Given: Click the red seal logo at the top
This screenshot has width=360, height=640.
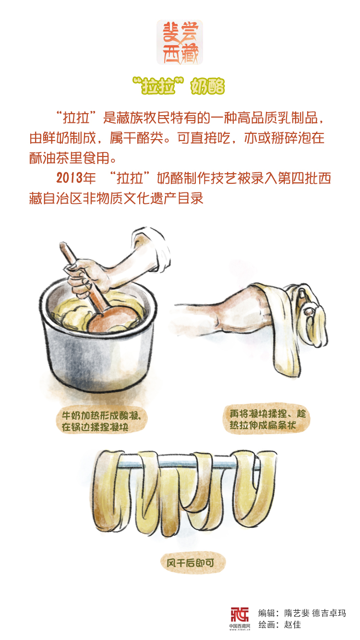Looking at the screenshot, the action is click(180, 42).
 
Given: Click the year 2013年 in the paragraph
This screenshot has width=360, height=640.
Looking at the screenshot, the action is click(76, 178).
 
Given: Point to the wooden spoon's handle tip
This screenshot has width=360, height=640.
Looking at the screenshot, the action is click(62, 245).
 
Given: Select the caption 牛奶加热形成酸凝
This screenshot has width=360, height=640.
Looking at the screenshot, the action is click(101, 415).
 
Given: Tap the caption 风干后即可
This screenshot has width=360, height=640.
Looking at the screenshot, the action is click(191, 563).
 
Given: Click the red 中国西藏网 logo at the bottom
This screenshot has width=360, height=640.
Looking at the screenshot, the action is click(240, 618).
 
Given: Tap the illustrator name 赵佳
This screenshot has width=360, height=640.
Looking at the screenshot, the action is click(292, 625).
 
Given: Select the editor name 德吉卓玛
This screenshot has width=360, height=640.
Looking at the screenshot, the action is click(329, 613).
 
